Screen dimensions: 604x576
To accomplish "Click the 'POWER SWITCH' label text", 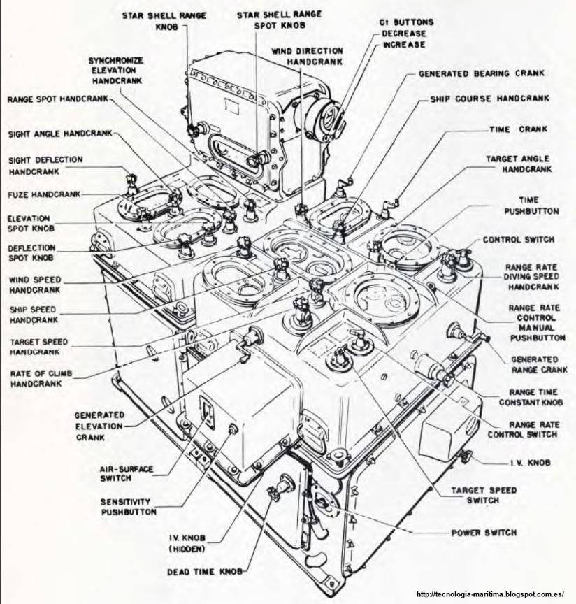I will pos(484,533).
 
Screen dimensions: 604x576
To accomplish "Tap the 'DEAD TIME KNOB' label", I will pos(204,571).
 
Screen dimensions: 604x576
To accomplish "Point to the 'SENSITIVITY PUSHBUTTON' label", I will pos(129,507).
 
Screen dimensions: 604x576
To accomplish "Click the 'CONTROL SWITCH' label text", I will pos(518,240).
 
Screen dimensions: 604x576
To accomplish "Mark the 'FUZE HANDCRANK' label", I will pos(44,194).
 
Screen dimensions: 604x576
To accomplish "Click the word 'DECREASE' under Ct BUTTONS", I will pos(403,33).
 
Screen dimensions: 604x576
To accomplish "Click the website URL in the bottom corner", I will pos(489,594).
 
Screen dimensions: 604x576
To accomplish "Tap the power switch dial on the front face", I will pos(322,501).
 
